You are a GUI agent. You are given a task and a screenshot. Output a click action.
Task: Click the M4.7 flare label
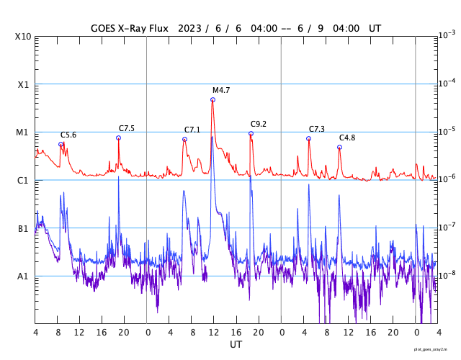click(x=221, y=91)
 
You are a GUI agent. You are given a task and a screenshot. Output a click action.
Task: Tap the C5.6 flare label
click(x=68, y=135)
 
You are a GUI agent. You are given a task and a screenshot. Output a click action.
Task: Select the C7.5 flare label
click(x=127, y=128)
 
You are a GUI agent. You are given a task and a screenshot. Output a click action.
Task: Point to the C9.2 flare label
click(x=259, y=124)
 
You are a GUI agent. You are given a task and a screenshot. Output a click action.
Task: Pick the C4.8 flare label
click(x=347, y=138)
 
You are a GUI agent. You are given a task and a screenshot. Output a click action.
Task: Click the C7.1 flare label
click(x=192, y=130)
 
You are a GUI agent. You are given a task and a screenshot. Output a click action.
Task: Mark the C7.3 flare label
click(x=317, y=129)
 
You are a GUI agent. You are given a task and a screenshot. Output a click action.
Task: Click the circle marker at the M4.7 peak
click(x=212, y=99)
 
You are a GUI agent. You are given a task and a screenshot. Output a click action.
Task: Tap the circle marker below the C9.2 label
click(x=251, y=133)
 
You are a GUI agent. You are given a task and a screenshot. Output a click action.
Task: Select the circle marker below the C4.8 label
click(x=339, y=147)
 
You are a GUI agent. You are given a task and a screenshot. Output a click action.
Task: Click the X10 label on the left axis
click(x=24, y=37)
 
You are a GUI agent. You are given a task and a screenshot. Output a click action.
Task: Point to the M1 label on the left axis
click(x=23, y=132)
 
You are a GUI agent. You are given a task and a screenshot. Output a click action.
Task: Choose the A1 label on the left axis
click(x=23, y=276)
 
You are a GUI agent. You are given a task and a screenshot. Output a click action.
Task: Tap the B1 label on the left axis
click(x=23, y=229)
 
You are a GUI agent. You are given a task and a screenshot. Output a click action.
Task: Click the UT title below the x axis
click(x=236, y=345)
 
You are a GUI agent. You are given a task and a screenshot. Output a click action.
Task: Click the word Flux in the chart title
click(x=156, y=29)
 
